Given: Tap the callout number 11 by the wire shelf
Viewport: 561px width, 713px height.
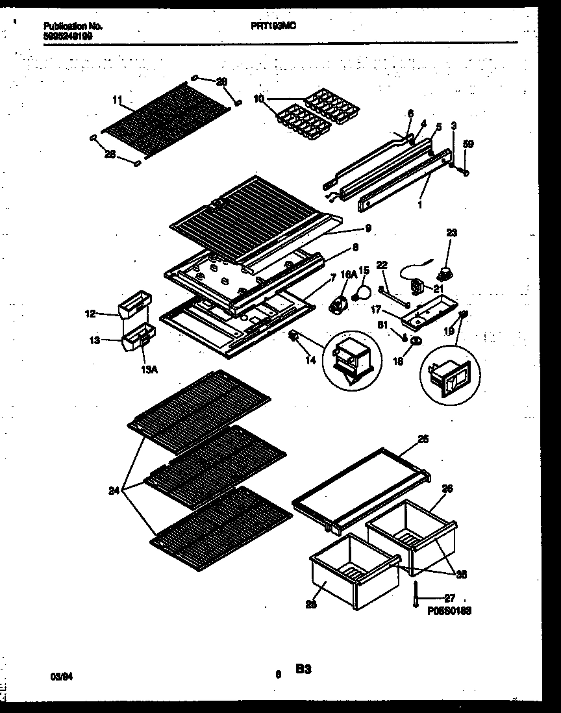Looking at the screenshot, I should click(x=117, y=99).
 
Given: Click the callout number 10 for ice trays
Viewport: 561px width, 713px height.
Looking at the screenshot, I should click(x=259, y=99).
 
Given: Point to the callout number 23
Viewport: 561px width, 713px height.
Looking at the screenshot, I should click(x=451, y=233).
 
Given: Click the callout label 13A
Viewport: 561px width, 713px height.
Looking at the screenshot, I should click(x=149, y=369).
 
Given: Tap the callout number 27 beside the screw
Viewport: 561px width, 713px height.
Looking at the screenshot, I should click(x=450, y=598).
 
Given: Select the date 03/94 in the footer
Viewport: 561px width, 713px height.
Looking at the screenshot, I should click(x=60, y=675).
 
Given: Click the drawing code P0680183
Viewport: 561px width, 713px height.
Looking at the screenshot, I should click(x=449, y=610).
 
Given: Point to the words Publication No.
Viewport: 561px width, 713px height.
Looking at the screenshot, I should click(x=73, y=26).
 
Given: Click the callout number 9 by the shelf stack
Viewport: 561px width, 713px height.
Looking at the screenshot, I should click(x=368, y=228).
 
